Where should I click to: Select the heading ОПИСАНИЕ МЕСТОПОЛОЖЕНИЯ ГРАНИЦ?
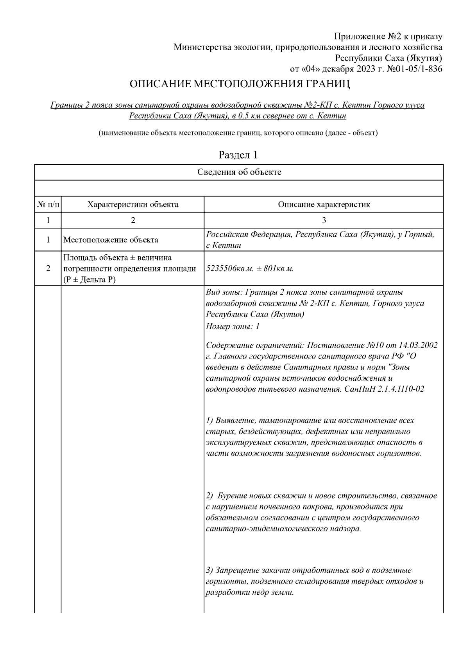(x=239, y=84)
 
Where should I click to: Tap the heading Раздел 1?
(x=238, y=155)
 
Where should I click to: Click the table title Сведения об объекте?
(x=239, y=172)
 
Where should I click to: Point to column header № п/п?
(x=48, y=204)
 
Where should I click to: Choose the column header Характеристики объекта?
(x=133, y=204)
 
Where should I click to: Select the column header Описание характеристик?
(x=324, y=204)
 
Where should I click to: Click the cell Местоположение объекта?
(x=111, y=240)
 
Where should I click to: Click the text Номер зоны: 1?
(x=233, y=326)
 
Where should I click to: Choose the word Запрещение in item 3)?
(x=237, y=570)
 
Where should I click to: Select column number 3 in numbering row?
(x=324, y=220)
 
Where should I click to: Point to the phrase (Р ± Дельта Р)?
(x=90, y=280)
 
